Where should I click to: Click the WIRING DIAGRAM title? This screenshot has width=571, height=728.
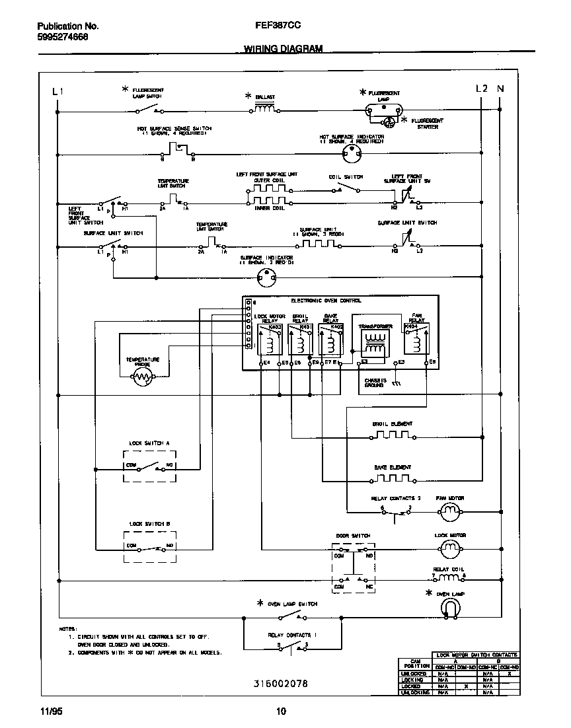coord(283,49)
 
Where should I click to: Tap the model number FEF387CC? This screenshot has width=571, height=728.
coord(278,26)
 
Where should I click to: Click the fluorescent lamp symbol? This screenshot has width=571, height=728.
coord(384,112)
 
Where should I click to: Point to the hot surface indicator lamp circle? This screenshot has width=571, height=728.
coord(350,154)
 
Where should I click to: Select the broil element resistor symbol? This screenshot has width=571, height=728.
coord(393,436)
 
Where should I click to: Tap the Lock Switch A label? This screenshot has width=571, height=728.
coord(149,443)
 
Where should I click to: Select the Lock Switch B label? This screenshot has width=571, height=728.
coord(149,523)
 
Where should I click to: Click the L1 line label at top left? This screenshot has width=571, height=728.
coord(57,91)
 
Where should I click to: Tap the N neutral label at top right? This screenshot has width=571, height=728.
coord(500,89)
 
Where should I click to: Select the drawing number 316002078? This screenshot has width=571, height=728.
coord(280,683)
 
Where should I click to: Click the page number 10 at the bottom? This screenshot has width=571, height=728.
coord(281,711)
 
